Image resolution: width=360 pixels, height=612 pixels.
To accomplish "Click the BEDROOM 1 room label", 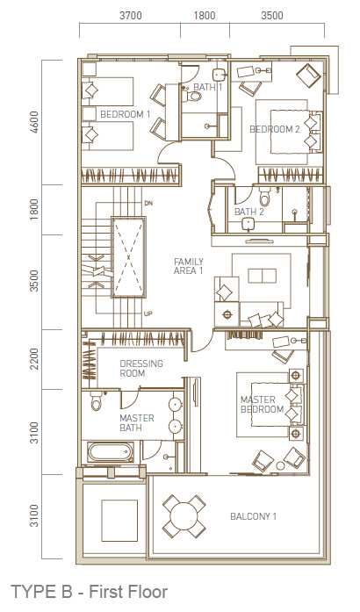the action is click(126, 114).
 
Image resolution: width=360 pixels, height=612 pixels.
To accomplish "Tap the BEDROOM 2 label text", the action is click(275, 129).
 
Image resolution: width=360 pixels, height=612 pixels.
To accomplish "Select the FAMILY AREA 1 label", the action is click(189, 266).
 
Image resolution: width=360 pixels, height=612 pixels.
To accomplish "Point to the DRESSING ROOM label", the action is click(141, 369).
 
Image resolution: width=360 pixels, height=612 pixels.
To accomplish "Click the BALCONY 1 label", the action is click(254, 516).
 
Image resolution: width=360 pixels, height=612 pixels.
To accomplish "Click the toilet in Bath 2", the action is click(264, 197).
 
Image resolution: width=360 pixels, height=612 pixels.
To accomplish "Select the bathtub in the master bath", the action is click(110, 452).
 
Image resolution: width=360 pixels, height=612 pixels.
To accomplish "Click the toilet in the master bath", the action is click(96, 401).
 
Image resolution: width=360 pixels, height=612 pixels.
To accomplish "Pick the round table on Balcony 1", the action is click(184, 515).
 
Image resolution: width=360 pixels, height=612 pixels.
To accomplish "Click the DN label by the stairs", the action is click(148, 204).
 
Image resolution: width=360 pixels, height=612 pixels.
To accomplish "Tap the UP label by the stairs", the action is click(148, 313).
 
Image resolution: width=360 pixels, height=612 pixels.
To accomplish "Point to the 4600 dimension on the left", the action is click(35, 122).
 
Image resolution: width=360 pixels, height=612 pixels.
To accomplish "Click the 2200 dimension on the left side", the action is click(35, 359).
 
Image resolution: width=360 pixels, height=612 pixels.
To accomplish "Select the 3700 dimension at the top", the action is click(131, 16).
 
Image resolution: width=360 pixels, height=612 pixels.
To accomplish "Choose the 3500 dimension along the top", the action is click(272, 16).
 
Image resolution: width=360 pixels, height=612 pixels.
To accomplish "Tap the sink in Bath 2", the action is click(248, 224).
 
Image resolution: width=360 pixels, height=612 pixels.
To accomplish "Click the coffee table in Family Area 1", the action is click(263, 275).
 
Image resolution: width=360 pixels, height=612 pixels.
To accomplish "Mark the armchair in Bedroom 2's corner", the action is click(308, 76).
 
